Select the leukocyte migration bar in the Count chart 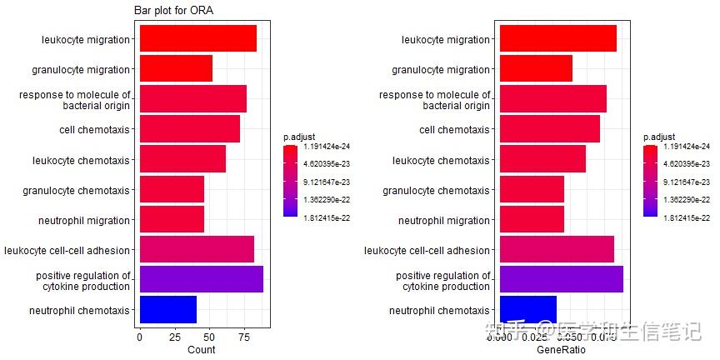(197, 39)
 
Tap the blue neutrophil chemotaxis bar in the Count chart (167, 310)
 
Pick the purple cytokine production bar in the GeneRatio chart (561, 279)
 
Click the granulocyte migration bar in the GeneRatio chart (535, 69)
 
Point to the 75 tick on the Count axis (244, 337)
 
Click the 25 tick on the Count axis (174, 337)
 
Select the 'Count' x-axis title (201, 350)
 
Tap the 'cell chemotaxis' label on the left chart (94, 130)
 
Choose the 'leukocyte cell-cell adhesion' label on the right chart (427, 250)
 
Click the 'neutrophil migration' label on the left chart (84, 221)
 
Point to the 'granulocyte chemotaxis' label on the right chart (436, 191)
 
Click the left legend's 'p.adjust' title (298, 137)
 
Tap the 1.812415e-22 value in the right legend (686, 217)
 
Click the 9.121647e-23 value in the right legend (686, 182)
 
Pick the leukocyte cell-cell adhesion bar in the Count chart (197, 249)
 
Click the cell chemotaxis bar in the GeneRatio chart (549, 129)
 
